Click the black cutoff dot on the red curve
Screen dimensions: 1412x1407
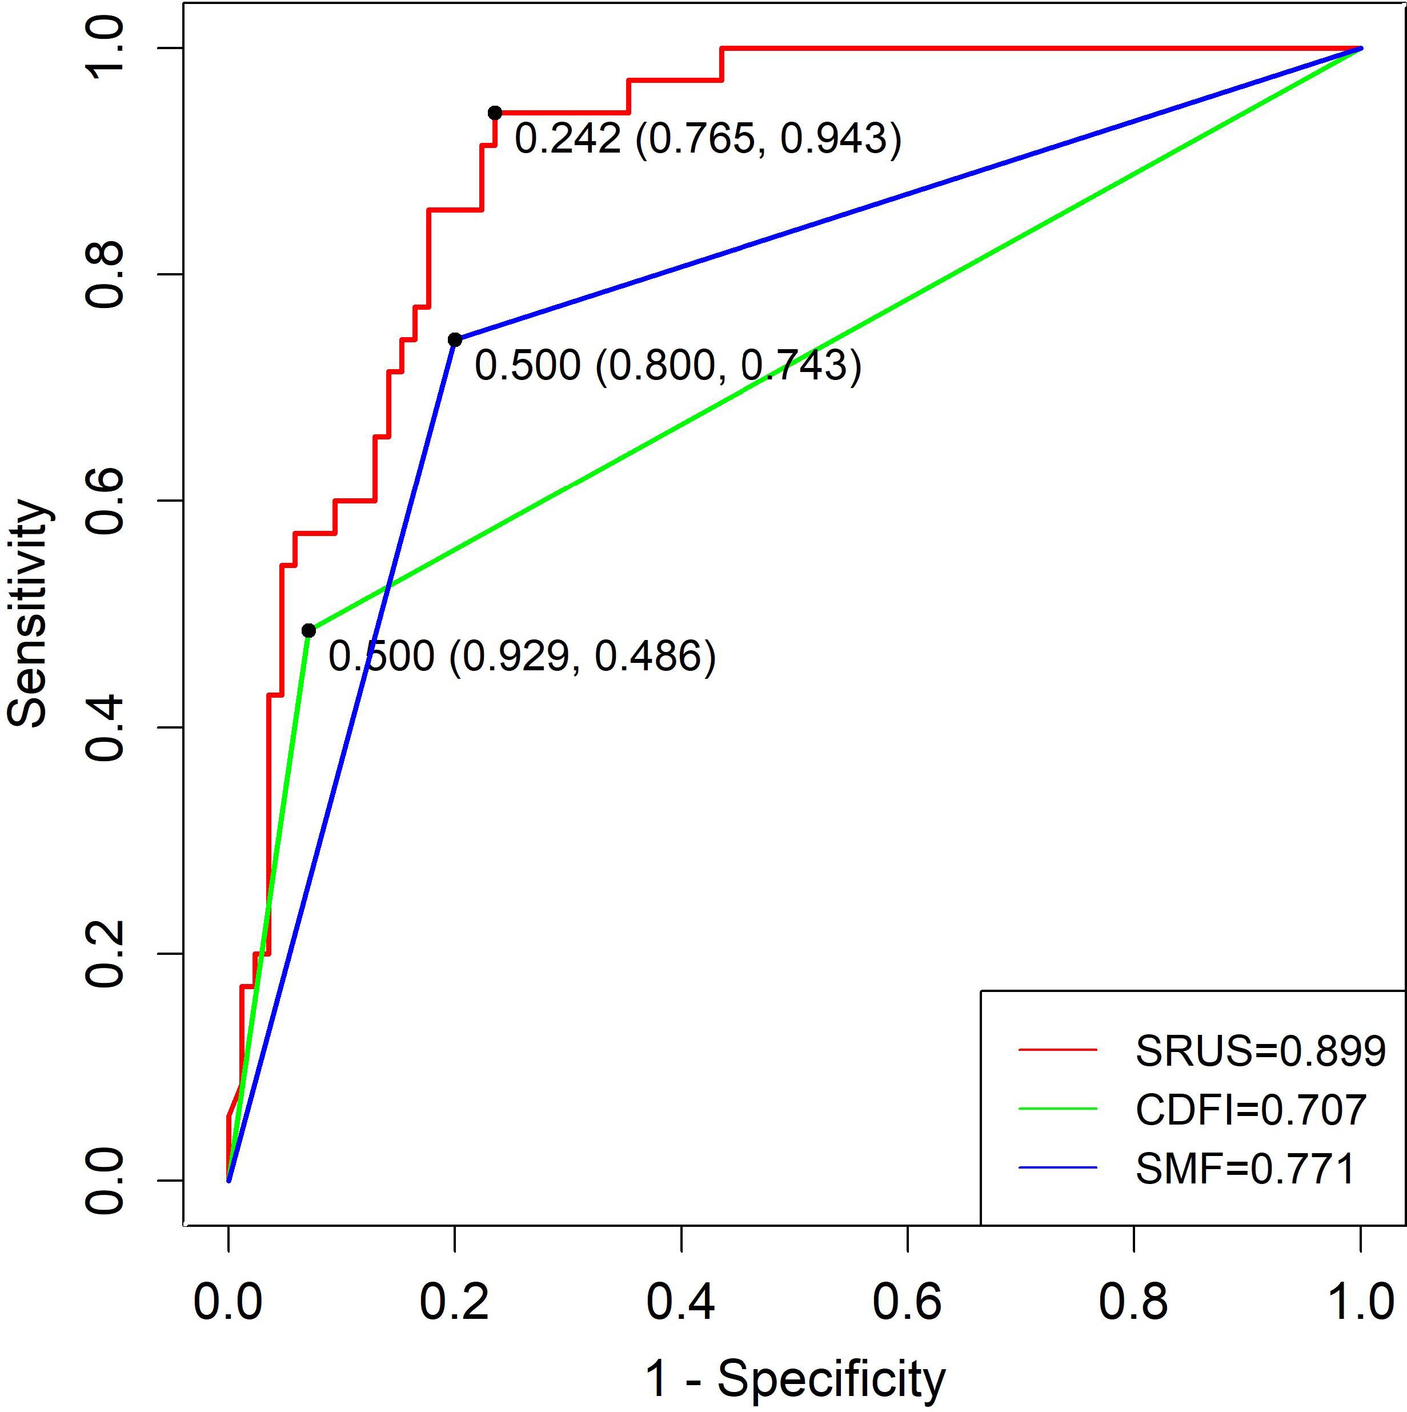tap(495, 113)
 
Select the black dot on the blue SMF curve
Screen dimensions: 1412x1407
tap(454, 340)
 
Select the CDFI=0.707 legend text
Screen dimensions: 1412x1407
tap(1250, 1110)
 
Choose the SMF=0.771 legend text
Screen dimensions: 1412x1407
tap(1245, 1169)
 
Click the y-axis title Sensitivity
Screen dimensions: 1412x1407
tap(29, 613)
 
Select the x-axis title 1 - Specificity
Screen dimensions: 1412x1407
tap(795, 1378)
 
